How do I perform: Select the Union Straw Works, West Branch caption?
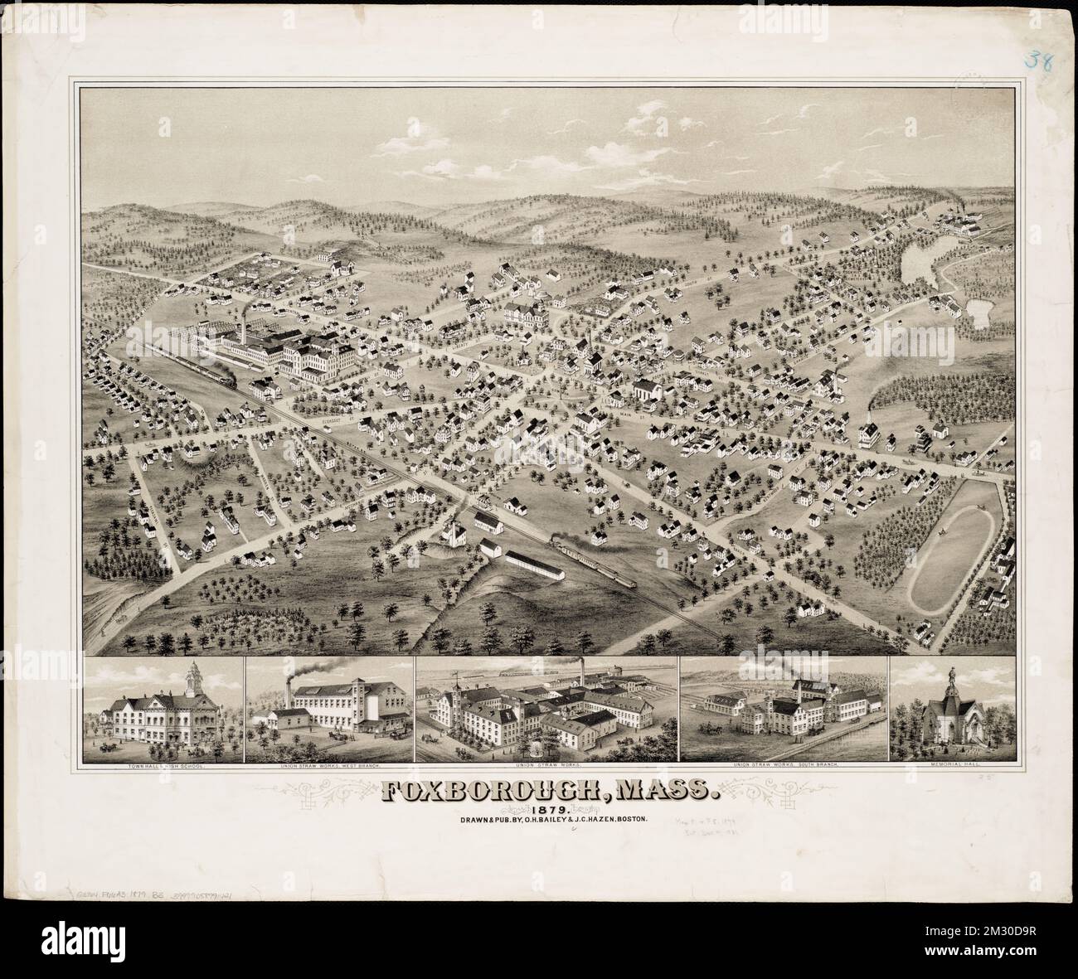329,767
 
